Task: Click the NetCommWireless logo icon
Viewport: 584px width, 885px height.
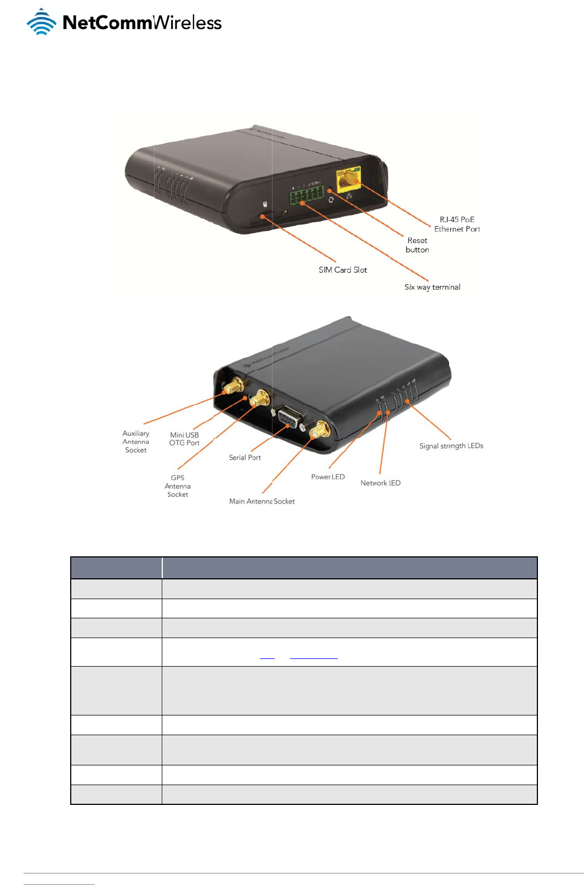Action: click(42, 22)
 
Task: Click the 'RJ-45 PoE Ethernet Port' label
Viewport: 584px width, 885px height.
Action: click(457, 224)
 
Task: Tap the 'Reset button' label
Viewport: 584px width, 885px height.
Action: click(417, 245)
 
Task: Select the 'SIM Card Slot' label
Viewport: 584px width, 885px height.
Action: click(343, 270)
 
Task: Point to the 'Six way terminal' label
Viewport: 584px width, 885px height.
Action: click(432, 287)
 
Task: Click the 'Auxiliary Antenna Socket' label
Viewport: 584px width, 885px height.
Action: click(135, 442)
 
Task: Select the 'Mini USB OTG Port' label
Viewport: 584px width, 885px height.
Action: click(184, 439)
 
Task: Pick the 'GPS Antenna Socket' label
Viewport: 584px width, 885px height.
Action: click(178, 486)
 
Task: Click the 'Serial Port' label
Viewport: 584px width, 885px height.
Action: click(245, 458)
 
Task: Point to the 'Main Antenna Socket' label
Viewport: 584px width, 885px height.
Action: click(262, 501)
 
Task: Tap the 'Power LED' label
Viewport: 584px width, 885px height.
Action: click(328, 477)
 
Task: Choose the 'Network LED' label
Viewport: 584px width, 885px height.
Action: click(380, 483)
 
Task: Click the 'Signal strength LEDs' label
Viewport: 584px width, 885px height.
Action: click(451, 446)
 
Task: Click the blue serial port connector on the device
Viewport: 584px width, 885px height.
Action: click(288, 419)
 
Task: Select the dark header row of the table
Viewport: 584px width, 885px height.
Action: click(304, 568)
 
